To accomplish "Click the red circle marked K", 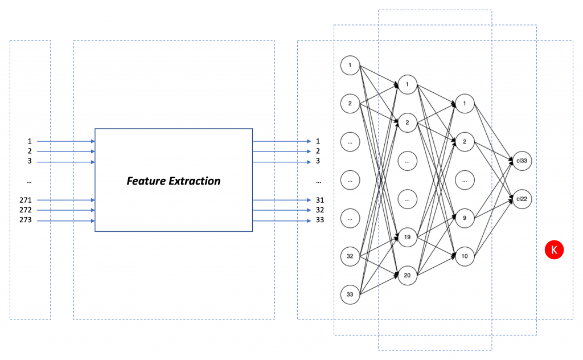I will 554,249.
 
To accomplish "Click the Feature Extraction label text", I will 173,181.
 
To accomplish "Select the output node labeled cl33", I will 522,161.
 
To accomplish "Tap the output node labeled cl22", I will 522,199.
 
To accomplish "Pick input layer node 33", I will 350,294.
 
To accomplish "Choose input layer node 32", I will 350,256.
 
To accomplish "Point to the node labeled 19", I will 408,237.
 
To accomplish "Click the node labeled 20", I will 408,275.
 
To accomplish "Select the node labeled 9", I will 465,218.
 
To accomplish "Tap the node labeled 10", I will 465,256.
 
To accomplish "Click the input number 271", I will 26,200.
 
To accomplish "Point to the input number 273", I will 26,220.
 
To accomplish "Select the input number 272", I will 26,210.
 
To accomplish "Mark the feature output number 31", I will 319,200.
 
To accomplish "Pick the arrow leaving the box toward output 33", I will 282,220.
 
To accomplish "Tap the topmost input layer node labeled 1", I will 350,65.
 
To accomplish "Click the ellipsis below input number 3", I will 29,181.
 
